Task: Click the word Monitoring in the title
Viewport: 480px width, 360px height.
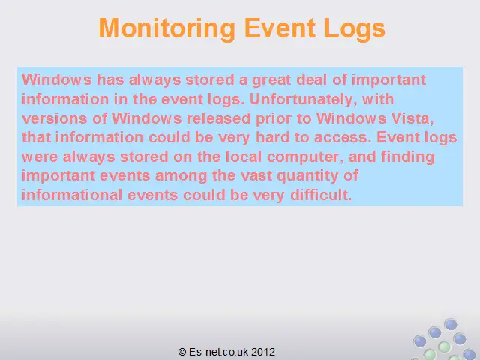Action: [x=166, y=28]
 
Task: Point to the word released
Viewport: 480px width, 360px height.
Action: [x=219, y=118]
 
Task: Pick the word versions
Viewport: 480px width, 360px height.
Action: [x=55, y=118]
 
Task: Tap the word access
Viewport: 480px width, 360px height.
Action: [x=343, y=138]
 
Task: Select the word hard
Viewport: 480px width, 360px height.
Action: [x=273, y=137]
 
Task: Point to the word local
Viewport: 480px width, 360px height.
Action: [x=244, y=157]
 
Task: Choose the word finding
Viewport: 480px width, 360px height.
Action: [x=407, y=157]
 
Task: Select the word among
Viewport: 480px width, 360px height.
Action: [x=181, y=177]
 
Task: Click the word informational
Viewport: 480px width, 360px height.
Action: [x=72, y=195]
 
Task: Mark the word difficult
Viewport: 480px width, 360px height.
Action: [x=321, y=195]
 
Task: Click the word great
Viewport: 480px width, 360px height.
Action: [x=271, y=80]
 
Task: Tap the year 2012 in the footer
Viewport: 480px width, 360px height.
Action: [x=263, y=352]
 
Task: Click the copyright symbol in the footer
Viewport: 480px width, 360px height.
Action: [x=182, y=352]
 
